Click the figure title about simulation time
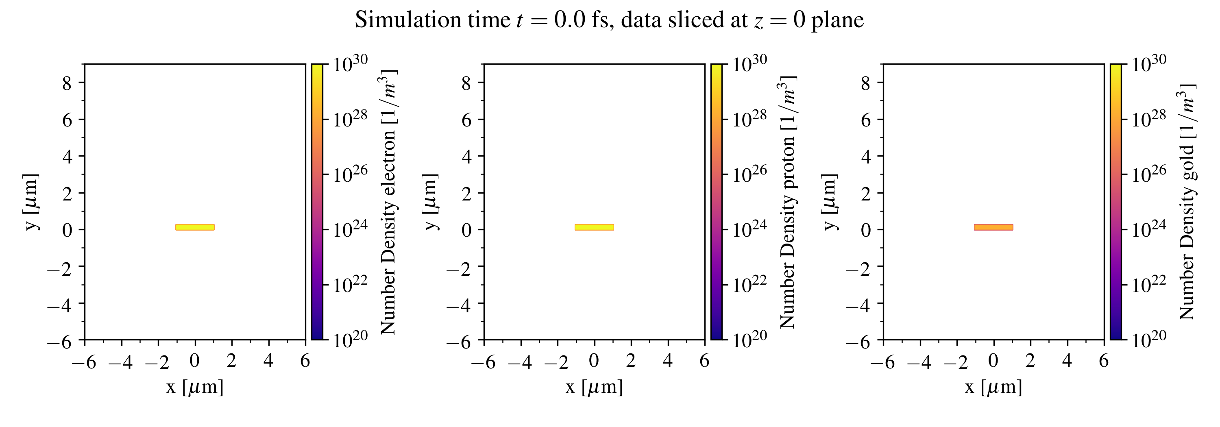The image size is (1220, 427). tap(610, 20)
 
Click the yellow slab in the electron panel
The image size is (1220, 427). tap(195, 227)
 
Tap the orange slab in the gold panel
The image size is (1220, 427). tap(993, 227)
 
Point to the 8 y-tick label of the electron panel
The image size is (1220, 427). tap(67, 83)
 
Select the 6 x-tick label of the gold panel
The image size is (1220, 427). tap(1104, 361)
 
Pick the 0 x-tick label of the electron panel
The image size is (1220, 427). tap(194, 361)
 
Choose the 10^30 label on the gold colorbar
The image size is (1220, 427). tap(1149, 63)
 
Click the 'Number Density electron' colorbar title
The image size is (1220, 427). tap(388, 202)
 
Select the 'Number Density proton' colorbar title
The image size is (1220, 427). tap(788, 202)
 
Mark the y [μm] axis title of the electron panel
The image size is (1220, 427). tap(30, 202)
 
